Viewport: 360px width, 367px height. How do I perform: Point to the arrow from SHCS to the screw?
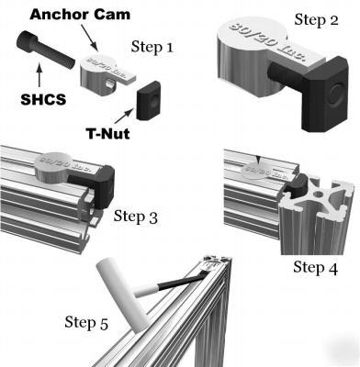[38, 72]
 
